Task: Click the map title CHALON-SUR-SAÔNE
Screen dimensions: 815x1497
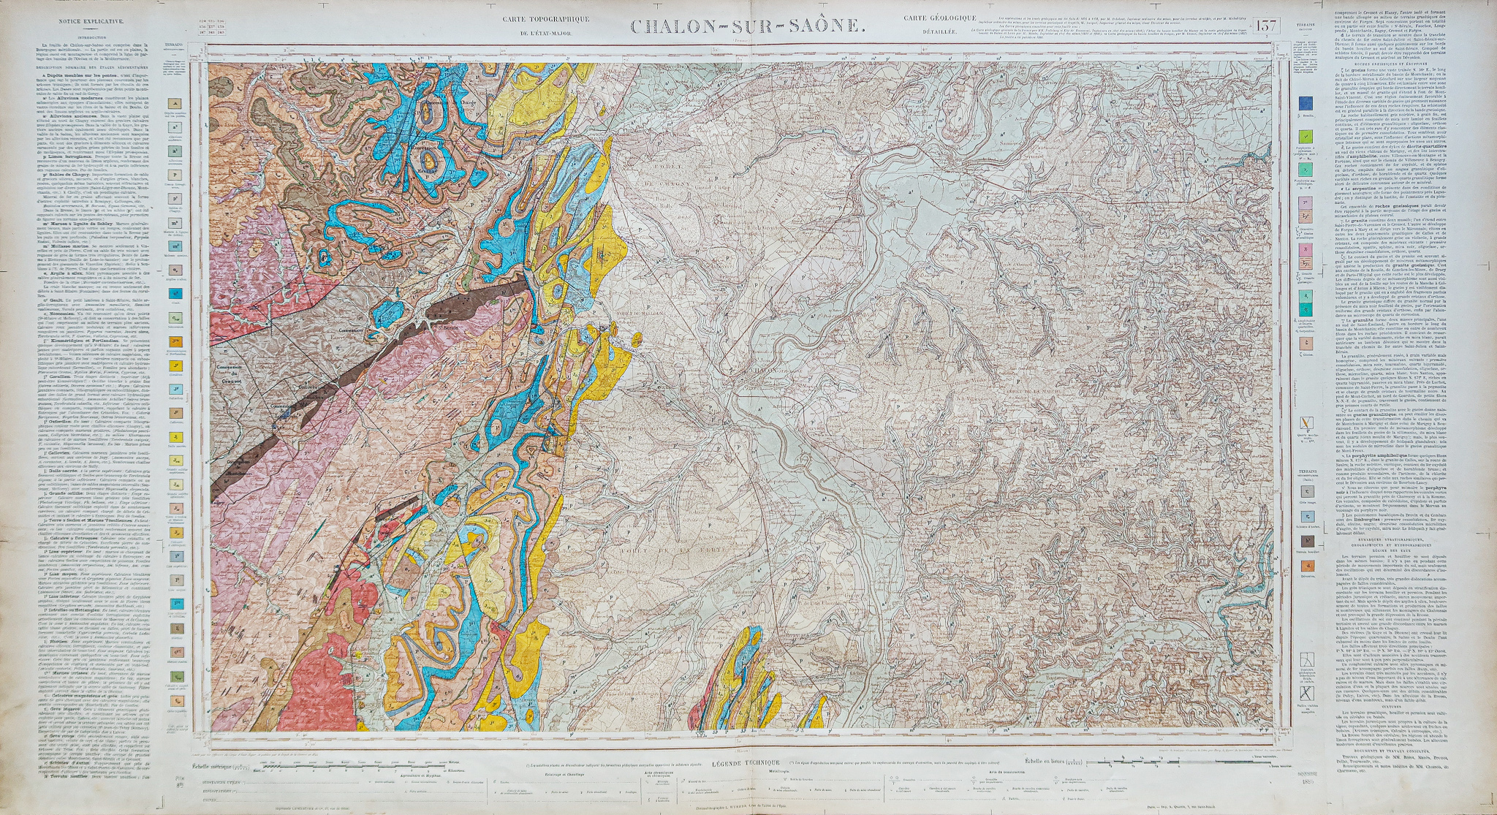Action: coord(748,27)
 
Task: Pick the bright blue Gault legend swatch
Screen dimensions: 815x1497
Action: coord(175,294)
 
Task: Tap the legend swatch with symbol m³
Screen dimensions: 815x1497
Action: coord(175,246)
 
